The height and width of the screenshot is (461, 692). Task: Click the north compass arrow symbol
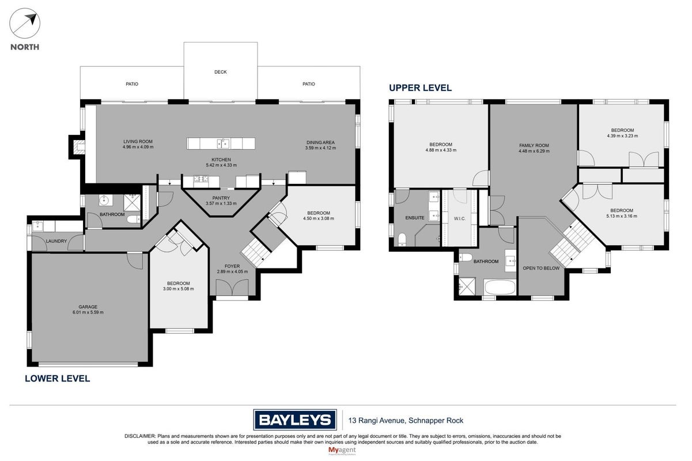tap(25, 24)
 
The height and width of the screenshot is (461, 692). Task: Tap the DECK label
tap(221, 72)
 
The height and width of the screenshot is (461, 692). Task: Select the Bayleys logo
tap(294, 420)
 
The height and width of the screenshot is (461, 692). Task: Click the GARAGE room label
tap(88, 307)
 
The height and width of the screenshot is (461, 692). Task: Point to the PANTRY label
tap(221, 198)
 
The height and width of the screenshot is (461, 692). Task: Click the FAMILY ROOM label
tap(534, 145)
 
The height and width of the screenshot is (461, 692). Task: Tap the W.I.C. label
tap(460, 219)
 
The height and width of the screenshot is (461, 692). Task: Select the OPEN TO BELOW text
tap(541, 268)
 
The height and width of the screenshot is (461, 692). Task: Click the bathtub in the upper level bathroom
tap(500, 287)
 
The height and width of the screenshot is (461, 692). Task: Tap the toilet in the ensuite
tap(402, 240)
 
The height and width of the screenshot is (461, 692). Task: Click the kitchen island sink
tap(223, 143)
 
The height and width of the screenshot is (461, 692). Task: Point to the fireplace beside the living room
tap(77, 147)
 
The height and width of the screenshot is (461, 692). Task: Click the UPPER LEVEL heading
tap(420, 88)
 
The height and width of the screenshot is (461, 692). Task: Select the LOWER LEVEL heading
tap(58, 379)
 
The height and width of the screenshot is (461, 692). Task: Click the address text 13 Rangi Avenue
tap(377, 421)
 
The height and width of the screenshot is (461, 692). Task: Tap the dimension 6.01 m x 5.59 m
tap(88, 312)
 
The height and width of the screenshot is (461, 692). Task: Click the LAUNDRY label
tap(56, 241)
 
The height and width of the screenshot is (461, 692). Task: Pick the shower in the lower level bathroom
tap(132, 202)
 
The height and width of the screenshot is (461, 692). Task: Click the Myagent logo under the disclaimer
tap(342, 451)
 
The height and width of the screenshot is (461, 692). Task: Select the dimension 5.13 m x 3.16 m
tap(622, 216)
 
